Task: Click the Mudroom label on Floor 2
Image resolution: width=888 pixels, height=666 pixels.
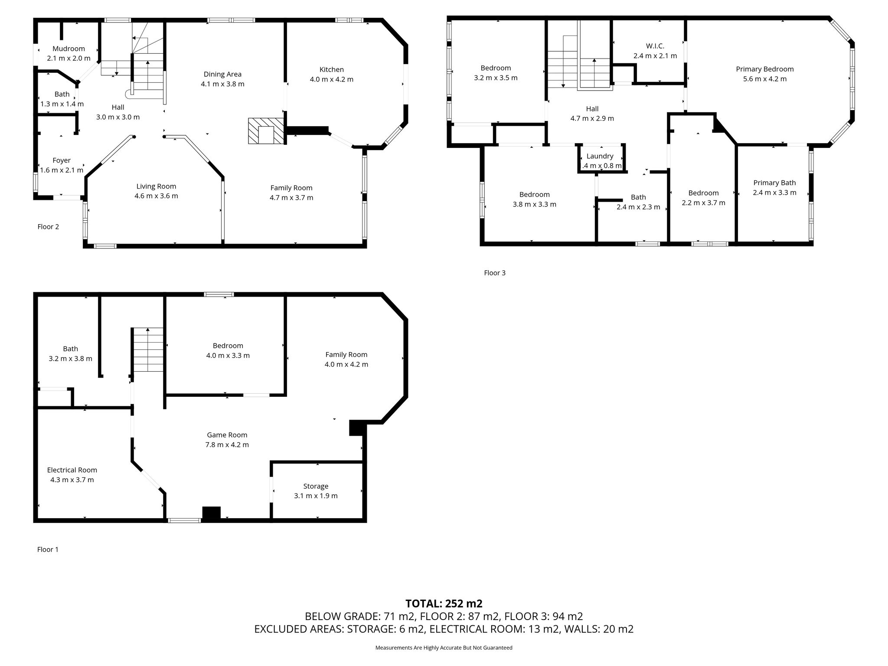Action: tap(69, 49)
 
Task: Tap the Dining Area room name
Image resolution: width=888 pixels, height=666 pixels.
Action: tap(222, 74)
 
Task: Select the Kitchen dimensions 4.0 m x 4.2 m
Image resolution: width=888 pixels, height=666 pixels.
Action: tap(332, 79)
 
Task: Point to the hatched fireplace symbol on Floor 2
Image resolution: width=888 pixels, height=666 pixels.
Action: tap(265, 131)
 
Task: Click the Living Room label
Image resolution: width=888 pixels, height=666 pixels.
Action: tap(156, 186)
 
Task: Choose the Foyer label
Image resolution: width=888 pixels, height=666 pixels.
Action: tap(62, 160)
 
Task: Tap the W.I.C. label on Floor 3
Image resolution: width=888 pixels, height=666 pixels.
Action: tap(655, 46)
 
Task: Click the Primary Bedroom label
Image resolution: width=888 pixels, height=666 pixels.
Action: tap(765, 69)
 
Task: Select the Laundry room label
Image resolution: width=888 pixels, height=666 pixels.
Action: tap(600, 156)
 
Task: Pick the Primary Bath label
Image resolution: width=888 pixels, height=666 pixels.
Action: tap(774, 183)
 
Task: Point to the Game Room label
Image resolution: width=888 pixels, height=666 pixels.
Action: tap(227, 435)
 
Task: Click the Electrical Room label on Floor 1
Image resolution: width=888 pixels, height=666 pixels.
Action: tap(72, 470)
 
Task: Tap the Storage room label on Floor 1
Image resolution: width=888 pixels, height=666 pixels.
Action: tap(316, 486)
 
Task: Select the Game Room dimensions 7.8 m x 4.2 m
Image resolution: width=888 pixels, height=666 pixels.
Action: tap(227, 444)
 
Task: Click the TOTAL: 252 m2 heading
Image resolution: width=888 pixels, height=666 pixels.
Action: tap(444, 604)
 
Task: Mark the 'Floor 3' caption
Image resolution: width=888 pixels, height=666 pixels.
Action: tap(495, 273)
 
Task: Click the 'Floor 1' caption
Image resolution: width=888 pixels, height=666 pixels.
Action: tap(48, 549)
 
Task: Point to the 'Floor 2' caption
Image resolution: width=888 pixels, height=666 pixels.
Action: tap(48, 227)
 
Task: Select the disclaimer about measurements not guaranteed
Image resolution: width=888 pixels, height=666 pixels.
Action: tap(444, 648)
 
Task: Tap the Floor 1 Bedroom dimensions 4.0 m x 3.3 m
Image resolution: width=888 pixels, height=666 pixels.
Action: tap(228, 356)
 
